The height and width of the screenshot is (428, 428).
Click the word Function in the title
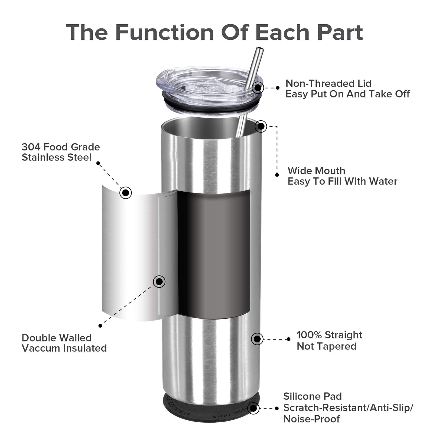tap(164, 32)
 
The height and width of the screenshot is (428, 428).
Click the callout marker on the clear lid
tap(258, 88)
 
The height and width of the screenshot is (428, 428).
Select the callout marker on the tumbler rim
tap(261, 126)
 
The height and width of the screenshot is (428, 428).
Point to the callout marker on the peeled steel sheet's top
tap(126, 193)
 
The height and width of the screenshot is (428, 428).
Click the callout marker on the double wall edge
tap(159, 281)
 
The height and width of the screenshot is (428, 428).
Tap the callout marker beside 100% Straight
tap(257, 339)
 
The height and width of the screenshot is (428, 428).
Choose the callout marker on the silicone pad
tap(253, 408)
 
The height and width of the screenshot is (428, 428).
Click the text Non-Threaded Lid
tap(328, 84)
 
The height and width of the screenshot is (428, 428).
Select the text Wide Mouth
tap(317, 171)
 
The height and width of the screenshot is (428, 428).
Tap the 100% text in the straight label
tap(309, 335)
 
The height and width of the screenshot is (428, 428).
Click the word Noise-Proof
tap(312, 419)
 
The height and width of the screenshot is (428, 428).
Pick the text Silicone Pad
tap(312, 396)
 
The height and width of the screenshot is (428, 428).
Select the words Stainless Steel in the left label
tap(56, 158)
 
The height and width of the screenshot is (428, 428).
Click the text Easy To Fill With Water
tap(342, 182)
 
